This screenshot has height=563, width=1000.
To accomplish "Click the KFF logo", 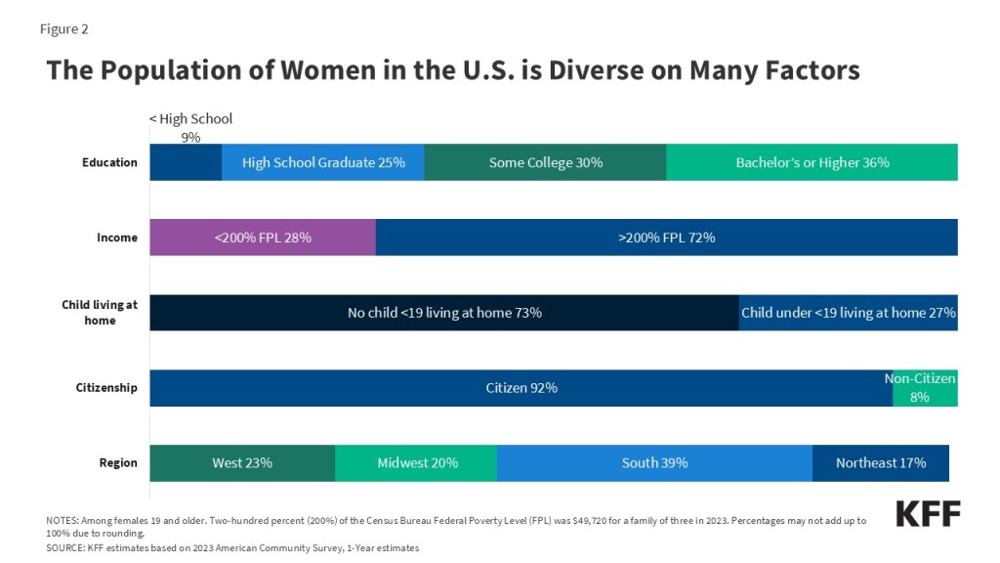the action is click(x=928, y=514).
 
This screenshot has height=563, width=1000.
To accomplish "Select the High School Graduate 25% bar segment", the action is click(x=322, y=162).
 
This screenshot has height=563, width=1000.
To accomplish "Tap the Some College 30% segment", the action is click(x=545, y=162).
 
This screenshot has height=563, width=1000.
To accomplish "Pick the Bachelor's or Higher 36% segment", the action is click(x=812, y=162).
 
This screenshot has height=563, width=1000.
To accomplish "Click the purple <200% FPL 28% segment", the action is click(x=263, y=238).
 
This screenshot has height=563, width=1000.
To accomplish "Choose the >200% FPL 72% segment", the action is click(x=667, y=238).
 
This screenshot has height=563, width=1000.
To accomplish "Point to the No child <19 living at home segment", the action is click(x=444, y=313).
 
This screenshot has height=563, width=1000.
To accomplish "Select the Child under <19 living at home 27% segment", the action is click(x=849, y=313).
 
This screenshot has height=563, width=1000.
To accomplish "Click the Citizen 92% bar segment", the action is click(x=521, y=388).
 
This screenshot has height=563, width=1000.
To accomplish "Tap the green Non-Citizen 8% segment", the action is click(x=926, y=388).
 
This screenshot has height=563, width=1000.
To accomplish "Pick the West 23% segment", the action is click(x=242, y=462).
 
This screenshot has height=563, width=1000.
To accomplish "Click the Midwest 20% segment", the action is click(x=416, y=462).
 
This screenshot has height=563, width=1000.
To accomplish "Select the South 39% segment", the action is click(x=654, y=462).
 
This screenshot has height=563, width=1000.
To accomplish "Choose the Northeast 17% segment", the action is click(x=881, y=462).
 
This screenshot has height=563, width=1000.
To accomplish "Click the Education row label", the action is click(x=109, y=162).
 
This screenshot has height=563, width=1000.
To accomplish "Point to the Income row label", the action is click(x=117, y=238).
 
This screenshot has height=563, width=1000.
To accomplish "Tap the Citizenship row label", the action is click(x=106, y=388).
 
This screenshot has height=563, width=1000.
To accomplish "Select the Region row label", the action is click(x=118, y=462).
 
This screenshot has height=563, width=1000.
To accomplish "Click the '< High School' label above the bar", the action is click(x=190, y=118).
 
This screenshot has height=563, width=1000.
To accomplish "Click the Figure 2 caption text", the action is click(x=63, y=29).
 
